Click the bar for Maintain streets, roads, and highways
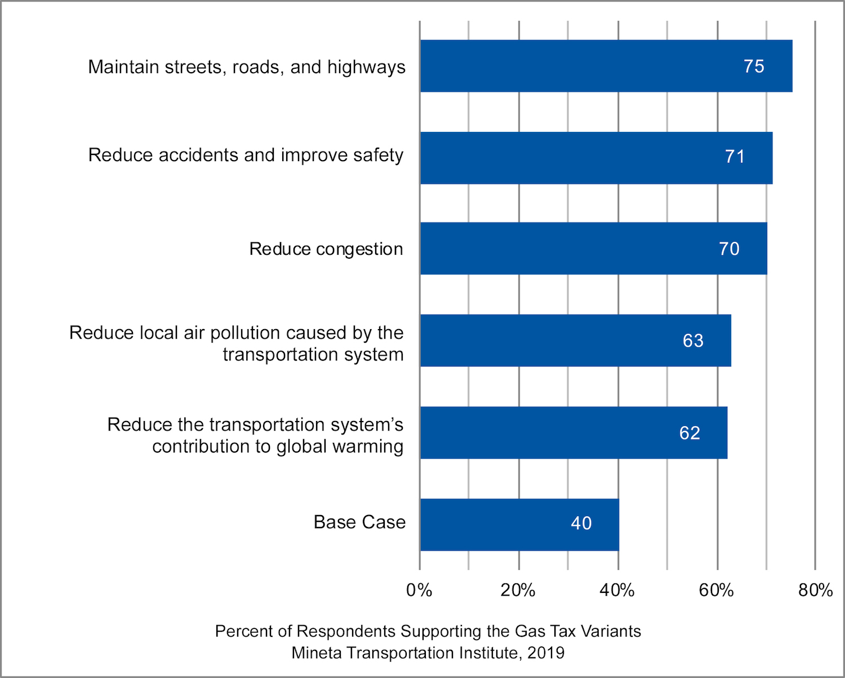[x=606, y=66]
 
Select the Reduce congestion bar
[x=593, y=249]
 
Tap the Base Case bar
[x=519, y=525]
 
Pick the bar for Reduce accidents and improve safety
[x=596, y=158]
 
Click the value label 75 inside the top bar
[x=754, y=67]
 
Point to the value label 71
[x=735, y=157]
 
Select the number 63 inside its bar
[x=693, y=341]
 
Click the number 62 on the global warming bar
[x=690, y=433]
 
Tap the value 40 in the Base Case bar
[x=581, y=524]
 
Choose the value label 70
[x=729, y=249]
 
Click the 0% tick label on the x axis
[x=419, y=590]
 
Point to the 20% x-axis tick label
[x=518, y=590]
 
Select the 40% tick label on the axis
[x=617, y=590]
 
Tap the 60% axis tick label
[x=716, y=590]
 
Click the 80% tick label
[x=815, y=590]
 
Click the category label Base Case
[x=359, y=522]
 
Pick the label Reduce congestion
[x=326, y=249]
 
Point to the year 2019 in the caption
[x=546, y=653]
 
